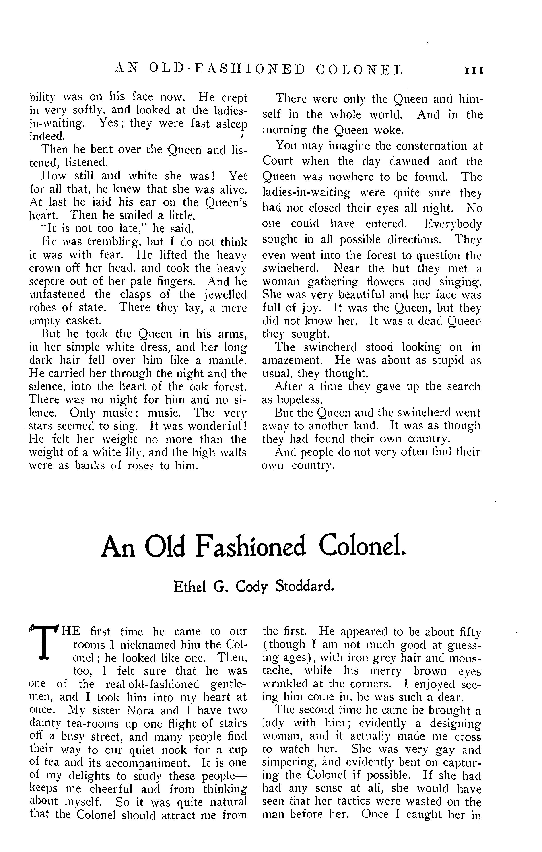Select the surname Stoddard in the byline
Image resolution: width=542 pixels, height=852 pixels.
click(305, 587)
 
